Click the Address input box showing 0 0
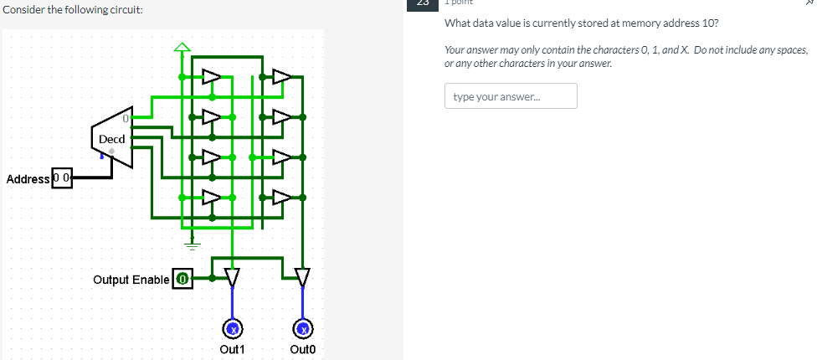click(62, 178)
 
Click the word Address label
click(28, 179)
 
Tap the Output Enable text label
click(131, 279)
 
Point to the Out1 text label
click(231, 349)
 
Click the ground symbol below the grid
click(193, 245)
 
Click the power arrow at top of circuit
click(182, 46)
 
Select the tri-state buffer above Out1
click(233, 275)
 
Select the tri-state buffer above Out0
click(303, 275)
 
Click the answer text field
click(511, 96)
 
